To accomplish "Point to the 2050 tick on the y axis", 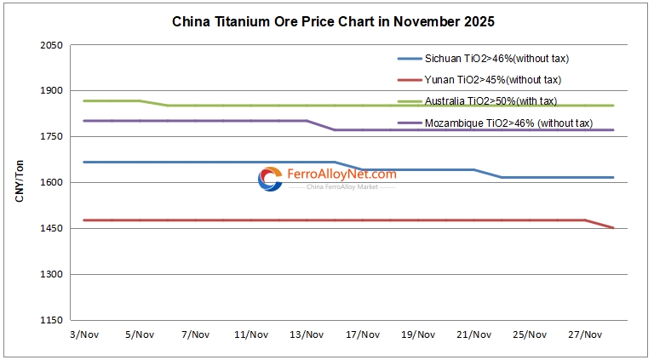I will pos(53,44).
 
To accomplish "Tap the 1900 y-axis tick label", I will pos(53,90).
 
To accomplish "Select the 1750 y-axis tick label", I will pos(53,136).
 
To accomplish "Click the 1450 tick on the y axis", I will pos(53,229).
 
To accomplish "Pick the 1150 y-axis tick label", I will pos(53,321).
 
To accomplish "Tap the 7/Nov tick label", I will pos(195,334).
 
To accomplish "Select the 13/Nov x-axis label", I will pos(307,334).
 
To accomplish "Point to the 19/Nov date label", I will pos(418,334).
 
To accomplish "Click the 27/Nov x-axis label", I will pos(585,334).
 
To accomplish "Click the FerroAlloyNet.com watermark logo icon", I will pos(270,179).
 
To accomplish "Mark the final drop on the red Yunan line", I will pos(599,224).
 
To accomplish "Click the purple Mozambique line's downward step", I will pos(321,125).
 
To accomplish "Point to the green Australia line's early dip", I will pos(154,103).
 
